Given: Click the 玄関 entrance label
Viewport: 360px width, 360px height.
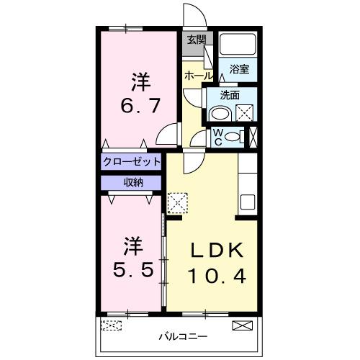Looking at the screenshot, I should pos(196,40).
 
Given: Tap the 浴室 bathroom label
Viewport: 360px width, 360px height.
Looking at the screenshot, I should pos(240,69).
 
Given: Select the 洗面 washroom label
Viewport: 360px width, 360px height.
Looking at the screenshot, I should pos(230,94).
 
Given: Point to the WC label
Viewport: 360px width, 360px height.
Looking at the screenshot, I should pos(217,136).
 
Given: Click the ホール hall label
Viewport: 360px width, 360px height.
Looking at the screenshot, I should pos(198,76).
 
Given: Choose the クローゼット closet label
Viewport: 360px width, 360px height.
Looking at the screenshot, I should pos(131,161).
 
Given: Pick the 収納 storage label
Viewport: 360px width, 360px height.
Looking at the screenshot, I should pos(132,182).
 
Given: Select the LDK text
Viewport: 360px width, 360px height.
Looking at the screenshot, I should pos(218,250).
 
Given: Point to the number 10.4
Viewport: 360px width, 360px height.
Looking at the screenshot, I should pos(218,274).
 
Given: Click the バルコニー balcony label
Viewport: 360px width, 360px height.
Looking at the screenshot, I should pos(183,336).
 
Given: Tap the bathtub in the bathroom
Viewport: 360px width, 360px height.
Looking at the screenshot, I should pos(238,45).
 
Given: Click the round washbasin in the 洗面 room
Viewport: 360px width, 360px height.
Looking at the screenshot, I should pos(219,113).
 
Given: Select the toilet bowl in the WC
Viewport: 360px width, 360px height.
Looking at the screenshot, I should pos(233,136).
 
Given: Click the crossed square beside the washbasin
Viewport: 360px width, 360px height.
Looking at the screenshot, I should pos(245,113).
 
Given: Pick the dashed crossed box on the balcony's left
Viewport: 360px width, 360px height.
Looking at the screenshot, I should pos(112,325).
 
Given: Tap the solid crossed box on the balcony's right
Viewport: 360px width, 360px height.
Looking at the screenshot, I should pos(243,326).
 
